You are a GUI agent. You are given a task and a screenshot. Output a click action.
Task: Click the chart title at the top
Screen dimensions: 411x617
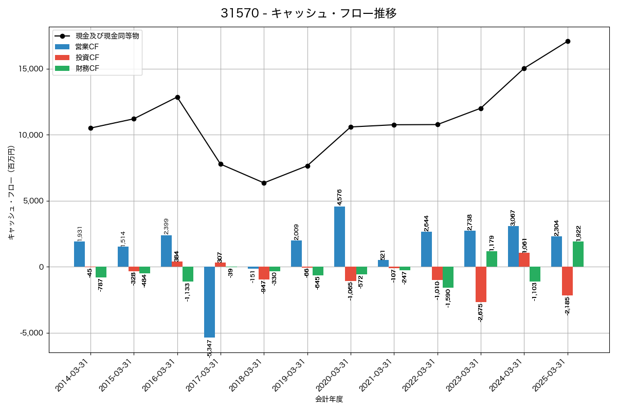pyautogui.click(x=308, y=13)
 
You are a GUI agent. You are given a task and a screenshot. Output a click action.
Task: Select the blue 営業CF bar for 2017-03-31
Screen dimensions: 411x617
pyautogui.click(x=209, y=302)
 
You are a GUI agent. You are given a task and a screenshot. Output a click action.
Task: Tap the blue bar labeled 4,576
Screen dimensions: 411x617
pyautogui.click(x=339, y=236)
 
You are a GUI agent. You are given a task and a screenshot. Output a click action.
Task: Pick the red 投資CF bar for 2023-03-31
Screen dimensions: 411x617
pyautogui.click(x=481, y=284)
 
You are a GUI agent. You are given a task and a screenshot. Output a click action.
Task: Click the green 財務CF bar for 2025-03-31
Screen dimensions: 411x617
pyautogui.click(x=578, y=254)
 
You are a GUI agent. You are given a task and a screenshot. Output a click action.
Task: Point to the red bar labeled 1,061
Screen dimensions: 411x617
pyautogui.click(x=524, y=260)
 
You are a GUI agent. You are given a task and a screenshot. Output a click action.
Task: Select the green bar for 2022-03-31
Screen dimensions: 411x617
pyautogui.click(x=448, y=277)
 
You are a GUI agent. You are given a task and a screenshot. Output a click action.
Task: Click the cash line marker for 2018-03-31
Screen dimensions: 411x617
pyautogui.click(x=264, y=183)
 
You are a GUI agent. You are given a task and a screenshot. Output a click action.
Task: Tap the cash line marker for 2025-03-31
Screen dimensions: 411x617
pyautogui.click(x=568, y=41)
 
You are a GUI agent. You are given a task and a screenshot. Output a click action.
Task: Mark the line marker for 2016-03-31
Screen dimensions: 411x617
pyautogui.click(x=177, y=97)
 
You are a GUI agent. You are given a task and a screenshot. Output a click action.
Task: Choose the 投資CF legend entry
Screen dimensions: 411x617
pyautogui.click(x=87, y=58)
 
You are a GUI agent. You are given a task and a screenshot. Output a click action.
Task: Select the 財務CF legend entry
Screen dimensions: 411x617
pyautogui.click(x=87, y=68)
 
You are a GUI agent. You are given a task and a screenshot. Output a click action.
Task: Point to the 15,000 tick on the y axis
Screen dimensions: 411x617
pyautogui.click(x=31, y=69)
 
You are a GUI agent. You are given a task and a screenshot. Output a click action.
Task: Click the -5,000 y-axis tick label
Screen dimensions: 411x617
pyautogui.click(x=31, y=333)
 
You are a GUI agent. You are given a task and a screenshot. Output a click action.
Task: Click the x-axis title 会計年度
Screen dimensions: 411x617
pyautogui.click(x=329, y=399)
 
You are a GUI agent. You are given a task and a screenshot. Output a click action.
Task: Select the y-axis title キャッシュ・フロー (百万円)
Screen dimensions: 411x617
pyautogui.click(x=11, y=193)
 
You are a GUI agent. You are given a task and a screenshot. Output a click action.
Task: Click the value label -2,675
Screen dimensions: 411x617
pyautogui.click(x=480, y=312)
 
